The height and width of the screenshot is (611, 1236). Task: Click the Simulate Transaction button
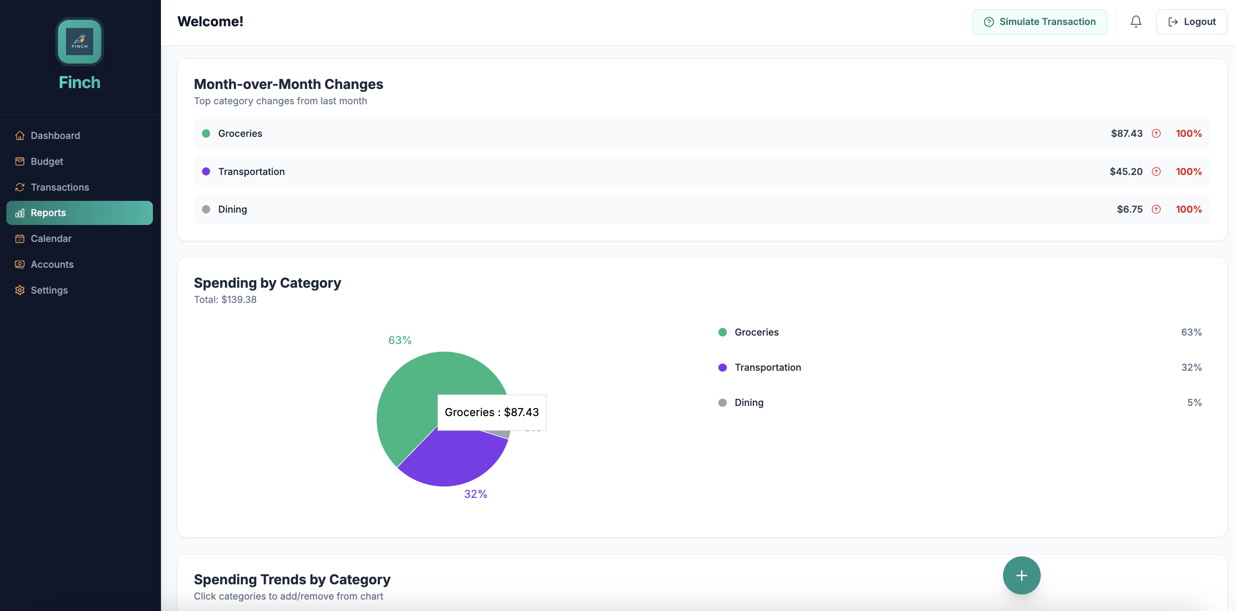(1039, 22)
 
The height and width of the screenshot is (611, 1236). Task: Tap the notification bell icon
(1135, 22)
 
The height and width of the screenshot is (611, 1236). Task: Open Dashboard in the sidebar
(55, 135)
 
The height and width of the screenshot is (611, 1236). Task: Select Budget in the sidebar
(47, 161)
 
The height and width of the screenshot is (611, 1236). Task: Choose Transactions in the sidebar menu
(59, 187)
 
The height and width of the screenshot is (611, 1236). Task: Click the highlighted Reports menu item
(79, 213)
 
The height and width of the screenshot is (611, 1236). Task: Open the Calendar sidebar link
(51, 239)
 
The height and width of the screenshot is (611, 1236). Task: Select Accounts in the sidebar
(52, 264)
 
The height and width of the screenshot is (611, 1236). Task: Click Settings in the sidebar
(49, 290)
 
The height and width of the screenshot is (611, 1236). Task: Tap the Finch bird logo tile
(79, 42)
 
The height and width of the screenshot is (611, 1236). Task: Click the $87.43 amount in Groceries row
(1126, 133)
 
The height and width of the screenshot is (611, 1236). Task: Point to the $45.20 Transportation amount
(1125, 171)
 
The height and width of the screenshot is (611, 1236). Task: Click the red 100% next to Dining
(1188, 209)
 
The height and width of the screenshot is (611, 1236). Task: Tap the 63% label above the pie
(400, 340)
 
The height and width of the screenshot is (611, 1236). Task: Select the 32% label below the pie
(475, 494)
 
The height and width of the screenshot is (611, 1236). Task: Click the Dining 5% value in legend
(1194, 403)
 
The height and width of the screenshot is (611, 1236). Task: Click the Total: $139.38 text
(225, 300)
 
